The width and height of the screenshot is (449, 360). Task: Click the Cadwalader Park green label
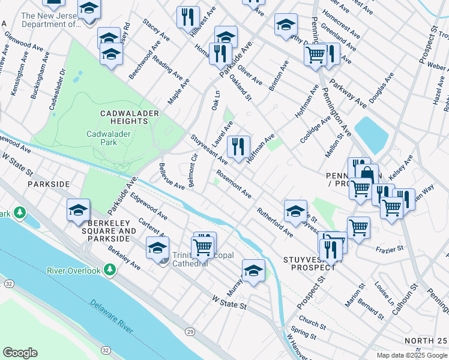[101, 139]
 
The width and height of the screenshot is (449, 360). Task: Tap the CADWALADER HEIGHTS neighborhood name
[121, 117]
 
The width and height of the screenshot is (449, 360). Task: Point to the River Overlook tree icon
[110, 271]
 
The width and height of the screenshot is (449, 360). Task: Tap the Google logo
[20, 353]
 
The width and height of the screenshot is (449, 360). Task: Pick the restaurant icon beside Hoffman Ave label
[238, 146]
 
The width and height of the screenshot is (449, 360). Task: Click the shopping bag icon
[366, 175]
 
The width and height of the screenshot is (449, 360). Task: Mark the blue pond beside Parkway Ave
[370, 134]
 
